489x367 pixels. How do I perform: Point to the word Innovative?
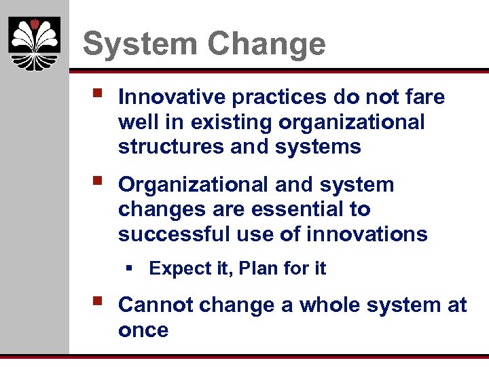click(x=172, y=97)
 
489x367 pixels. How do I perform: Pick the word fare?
click(x=425, y=97)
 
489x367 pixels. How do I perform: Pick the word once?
click(x=143, y=331)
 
